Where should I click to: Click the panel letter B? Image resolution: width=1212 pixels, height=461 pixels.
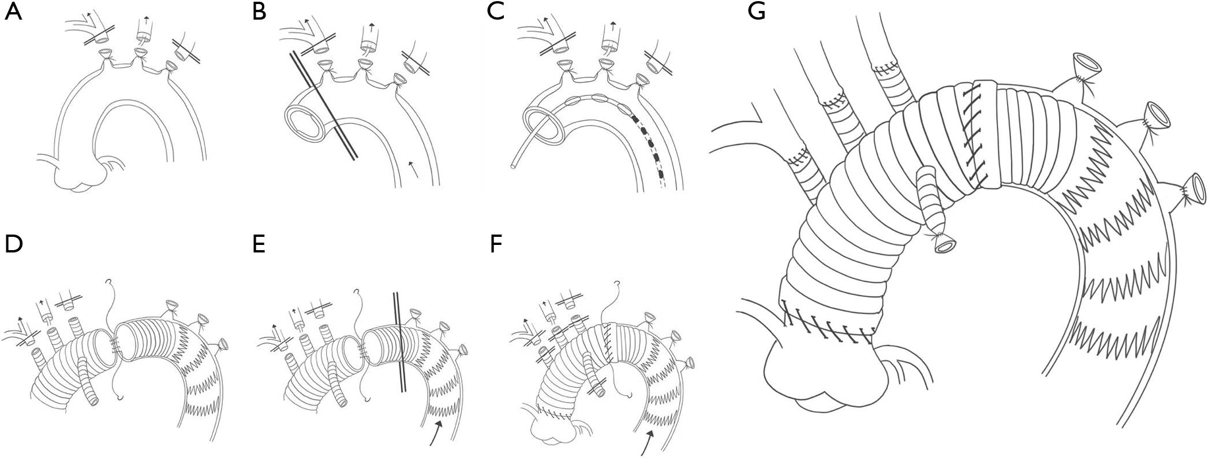[x=260, y=12]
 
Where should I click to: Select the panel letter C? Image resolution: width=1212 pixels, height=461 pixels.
[x=495, y=12]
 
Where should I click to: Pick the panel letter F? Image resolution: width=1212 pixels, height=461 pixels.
[x=495, y=245]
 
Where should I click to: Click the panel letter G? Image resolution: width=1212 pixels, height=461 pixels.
[x=756, y=12]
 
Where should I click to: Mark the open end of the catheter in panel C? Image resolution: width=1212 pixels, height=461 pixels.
[x=513, y=166]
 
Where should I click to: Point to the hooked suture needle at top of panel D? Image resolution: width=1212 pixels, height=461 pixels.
[x=110, y=283]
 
